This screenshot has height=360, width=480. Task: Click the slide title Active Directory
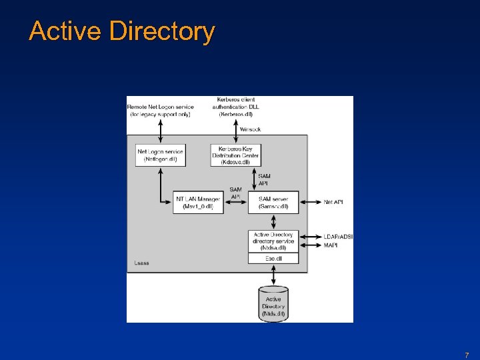point(122,31)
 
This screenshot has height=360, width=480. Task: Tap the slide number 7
point(467,355)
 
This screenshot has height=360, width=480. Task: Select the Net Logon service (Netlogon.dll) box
point(160,155)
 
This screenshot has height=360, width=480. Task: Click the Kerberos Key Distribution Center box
point(235,155)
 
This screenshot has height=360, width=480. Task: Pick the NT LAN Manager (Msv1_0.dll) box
point(198,203)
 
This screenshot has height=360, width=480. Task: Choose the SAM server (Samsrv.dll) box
point(273,203)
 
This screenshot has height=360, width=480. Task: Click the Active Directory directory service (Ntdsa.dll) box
point(273,241)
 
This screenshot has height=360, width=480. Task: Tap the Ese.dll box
point(273,258)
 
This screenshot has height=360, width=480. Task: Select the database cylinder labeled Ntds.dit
point(273,304)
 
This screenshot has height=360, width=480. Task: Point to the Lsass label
point(141,263)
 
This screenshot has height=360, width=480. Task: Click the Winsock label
point(250,129)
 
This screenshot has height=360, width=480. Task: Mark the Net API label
point(333,202)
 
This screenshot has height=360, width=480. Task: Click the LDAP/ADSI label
point(338,237)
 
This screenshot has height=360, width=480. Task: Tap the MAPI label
point(331,245)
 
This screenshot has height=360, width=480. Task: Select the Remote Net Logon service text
point(160,110)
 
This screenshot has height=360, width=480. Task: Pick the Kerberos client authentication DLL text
point(235,107)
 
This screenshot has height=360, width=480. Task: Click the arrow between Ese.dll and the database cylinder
point(273,275)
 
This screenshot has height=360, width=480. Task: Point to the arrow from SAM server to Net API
point(309,202)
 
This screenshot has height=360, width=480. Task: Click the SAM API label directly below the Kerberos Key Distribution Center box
point(264,179)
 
